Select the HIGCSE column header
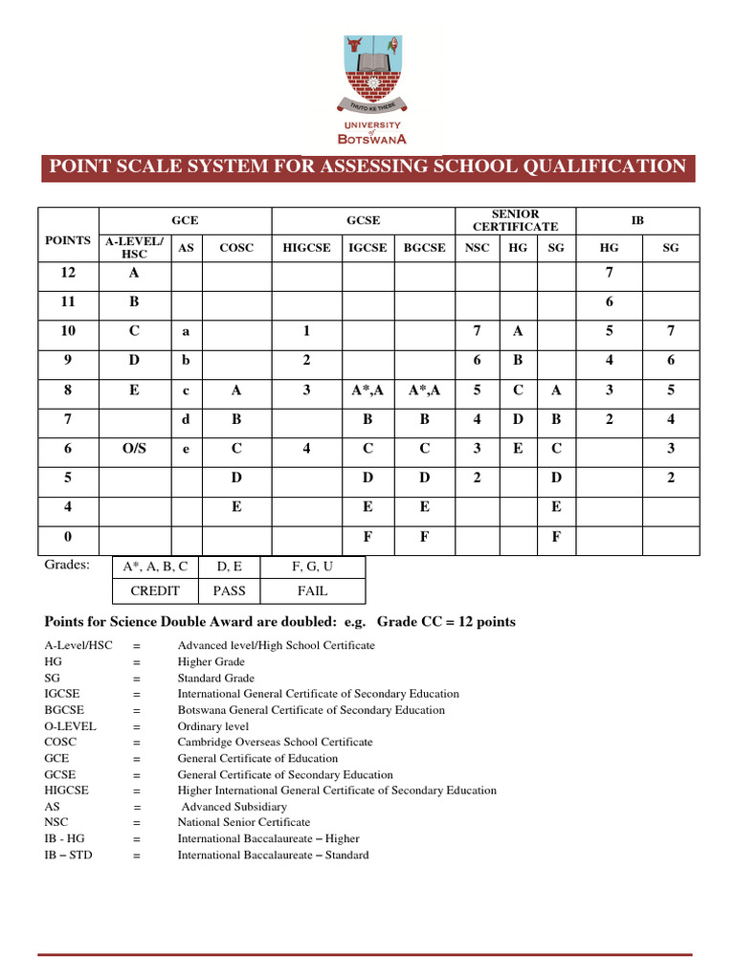306,247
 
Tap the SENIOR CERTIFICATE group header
515,220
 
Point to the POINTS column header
68,240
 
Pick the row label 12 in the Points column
68,272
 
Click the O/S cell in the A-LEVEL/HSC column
135,447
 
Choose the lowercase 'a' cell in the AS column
186,331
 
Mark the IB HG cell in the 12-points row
609,272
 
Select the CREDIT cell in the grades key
155,590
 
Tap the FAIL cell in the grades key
312,590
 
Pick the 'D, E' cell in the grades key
230,567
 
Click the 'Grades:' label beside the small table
67,565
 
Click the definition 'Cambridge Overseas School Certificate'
275,742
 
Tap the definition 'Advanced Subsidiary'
234,806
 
